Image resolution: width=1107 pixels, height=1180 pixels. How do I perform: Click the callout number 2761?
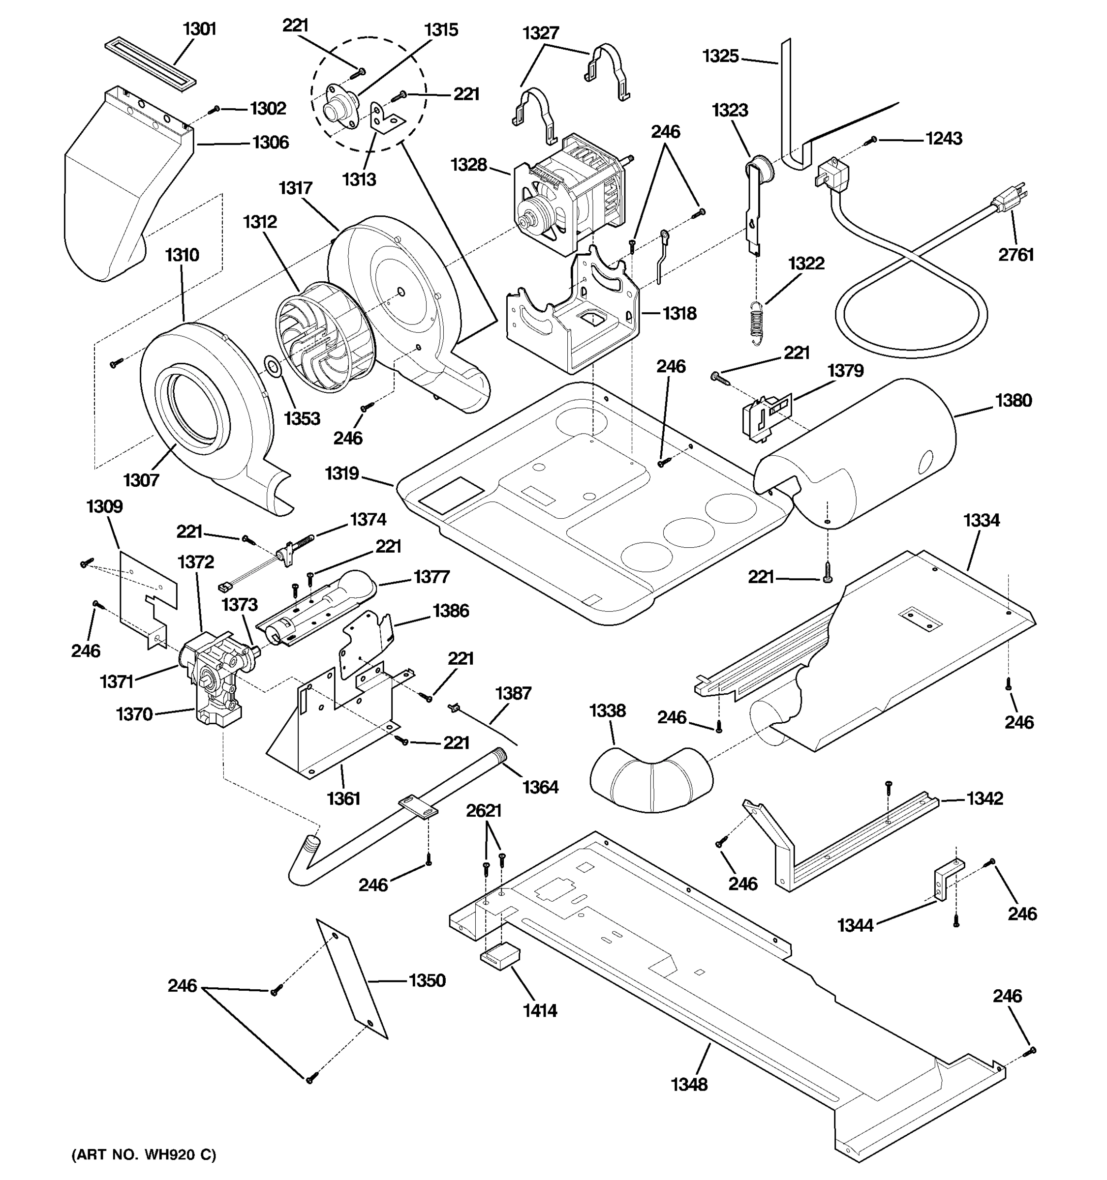(x=1015, y=255)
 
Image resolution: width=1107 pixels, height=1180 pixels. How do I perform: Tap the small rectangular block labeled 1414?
(x=499, y=956)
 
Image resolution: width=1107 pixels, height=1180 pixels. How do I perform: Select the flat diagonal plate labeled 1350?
(x=352, y=978)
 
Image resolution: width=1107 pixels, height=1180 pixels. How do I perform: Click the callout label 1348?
(x=689, y=1085)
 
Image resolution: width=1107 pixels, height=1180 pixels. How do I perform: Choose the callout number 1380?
(x=1013, y=400)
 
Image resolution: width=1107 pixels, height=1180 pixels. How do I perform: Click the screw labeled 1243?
(x=872, y=140)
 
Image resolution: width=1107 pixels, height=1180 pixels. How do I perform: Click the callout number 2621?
(x=484, y=810)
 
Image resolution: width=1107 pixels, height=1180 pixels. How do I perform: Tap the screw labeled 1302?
(x=217, y=109)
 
